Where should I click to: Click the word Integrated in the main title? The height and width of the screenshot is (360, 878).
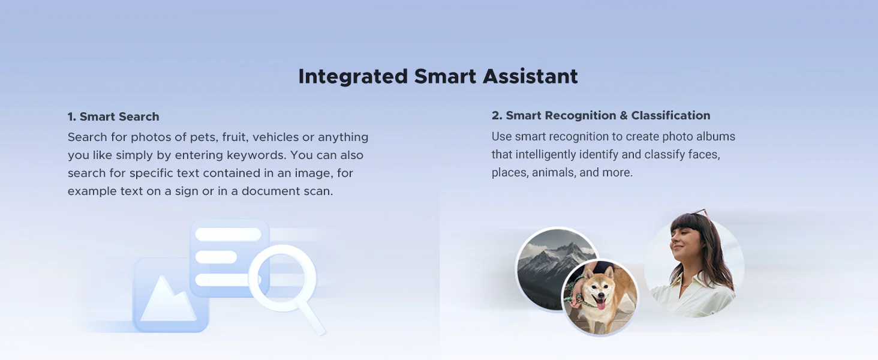[353, 77]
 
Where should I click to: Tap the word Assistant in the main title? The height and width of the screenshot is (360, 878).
[530, 76]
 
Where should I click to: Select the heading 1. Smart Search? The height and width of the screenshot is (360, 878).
[113, 116]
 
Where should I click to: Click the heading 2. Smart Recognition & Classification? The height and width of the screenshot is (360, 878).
[601, 115]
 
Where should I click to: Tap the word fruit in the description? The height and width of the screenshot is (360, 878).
[234, 137]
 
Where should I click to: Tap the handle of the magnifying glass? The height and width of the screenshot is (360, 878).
[314, 317]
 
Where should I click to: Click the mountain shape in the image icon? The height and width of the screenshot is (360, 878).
[168, 300]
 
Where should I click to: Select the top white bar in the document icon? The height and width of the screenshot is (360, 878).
[228, 235]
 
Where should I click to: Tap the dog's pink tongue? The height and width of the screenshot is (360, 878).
[600, 303]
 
